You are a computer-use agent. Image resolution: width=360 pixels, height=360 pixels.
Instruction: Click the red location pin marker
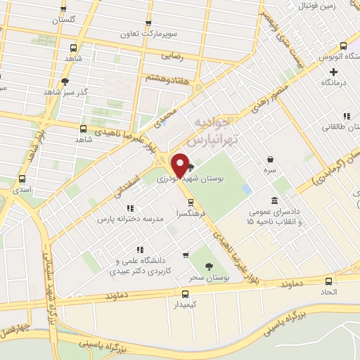click(179, 165)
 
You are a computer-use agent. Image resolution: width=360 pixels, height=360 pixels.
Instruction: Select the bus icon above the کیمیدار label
click(185, 294)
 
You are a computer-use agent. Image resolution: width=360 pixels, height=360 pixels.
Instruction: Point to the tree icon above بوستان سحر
click(209, 266)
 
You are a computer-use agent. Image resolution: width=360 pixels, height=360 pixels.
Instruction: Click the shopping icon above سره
click(271, 159)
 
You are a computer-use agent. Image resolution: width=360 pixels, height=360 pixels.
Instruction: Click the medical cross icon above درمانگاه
click(333, 71)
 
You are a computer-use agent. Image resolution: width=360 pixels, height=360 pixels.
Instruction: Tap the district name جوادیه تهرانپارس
click(216, 131)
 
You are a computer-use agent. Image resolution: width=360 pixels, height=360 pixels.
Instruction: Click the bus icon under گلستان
click(64, 9)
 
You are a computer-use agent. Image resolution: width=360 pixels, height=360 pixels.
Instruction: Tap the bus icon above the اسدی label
click(22, 179)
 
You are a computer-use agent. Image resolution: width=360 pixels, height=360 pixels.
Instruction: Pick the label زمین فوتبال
click(334, 6)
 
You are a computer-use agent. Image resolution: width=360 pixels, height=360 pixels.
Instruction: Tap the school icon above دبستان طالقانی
click(345, 117)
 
